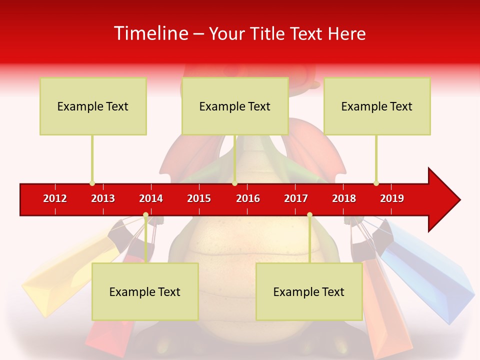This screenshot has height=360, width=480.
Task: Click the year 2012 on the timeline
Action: click(x=55, y=198)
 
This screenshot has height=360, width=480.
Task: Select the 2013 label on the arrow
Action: click(x=103, y=198)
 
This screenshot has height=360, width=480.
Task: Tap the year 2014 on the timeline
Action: click(x=151, y=198)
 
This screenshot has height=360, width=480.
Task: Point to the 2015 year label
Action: click(x=199, y=198)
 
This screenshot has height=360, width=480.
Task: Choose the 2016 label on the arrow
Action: click(x=248, y=198)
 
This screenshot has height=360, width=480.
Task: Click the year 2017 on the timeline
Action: click(x=296, y=198)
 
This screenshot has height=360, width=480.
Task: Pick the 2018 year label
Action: click(x=344, y=198)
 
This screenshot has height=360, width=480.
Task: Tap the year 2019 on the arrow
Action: click(x=392, y=198)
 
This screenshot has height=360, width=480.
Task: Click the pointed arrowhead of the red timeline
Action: click(x=445, y=200)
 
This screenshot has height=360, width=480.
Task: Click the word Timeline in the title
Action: click(x=150, y=33)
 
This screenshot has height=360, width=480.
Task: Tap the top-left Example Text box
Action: click(x=93, y=106)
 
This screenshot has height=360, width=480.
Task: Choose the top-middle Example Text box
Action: click(x=235, y=106)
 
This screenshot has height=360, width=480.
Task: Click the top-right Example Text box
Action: click(x=377, y=106)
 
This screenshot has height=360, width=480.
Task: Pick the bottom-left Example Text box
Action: click(x=145, y=291)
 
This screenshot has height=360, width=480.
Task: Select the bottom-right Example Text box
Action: click(x=309, y=291)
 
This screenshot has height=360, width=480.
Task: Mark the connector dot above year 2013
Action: click(x=92, y=183)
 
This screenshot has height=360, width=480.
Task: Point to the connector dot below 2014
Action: click(x=145, y=215)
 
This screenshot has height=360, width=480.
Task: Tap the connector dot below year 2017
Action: click(x=309, y=215)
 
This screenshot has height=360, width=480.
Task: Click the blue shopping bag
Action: click(x=430, y=270)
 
